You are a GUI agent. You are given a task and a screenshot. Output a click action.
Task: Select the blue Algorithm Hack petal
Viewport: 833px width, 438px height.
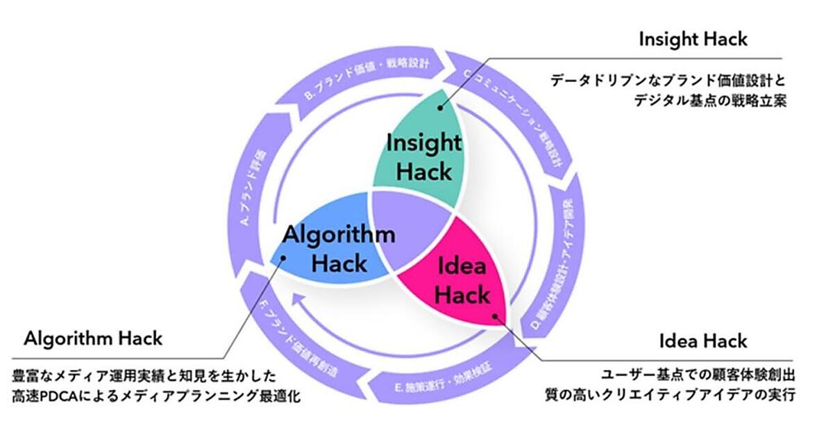pyautogui.click(x=326, y=247)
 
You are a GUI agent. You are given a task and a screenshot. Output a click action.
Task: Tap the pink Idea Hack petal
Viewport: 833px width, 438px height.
pyautogui.click(x=465, y=285)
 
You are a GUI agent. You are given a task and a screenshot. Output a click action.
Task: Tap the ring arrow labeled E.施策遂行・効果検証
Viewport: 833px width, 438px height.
pyautogui.click(x=437, y=380)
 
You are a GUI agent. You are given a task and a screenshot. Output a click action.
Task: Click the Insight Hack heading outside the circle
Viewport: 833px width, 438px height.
pyautogui.click(x=693, y=39)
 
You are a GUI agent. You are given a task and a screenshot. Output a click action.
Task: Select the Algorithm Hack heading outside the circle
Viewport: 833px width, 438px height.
pyautogui.click(x=93, y=339)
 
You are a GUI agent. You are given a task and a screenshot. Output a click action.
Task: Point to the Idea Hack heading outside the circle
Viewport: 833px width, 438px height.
pyautogui.click(x=703, y=341)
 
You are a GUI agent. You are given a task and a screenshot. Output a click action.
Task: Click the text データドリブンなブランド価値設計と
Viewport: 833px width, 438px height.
pyautogui.click(x=669, y=80)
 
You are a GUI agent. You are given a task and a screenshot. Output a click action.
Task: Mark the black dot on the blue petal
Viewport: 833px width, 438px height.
pyautogui.click(x=283, y=257)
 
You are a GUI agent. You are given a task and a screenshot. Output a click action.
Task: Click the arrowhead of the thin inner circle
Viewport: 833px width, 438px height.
pyautogui.click(x=297, y=300)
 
